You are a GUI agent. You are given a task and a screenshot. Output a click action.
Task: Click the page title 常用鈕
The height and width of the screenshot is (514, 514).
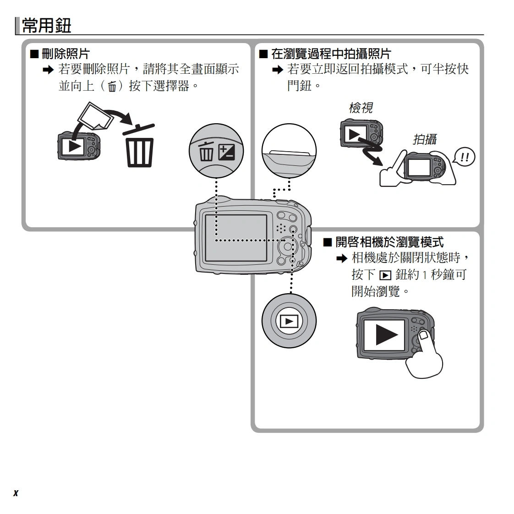pos(46,25)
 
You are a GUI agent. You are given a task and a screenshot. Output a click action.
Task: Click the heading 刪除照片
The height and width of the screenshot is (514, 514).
pos(65,54)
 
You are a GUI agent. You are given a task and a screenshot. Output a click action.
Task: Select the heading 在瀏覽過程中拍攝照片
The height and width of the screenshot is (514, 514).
pos(331,54)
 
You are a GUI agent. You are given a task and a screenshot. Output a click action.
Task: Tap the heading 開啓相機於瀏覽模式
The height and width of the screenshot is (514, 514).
pos(389,242)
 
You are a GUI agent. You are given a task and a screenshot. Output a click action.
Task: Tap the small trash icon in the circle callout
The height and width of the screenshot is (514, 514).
pos(206,152)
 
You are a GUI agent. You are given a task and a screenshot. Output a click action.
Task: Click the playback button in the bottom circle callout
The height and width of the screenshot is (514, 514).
pos(289,321)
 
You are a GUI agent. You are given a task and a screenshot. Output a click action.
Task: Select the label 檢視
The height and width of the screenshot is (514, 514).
pos(360,108)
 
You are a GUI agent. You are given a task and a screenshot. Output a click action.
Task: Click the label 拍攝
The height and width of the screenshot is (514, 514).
pos(425,139)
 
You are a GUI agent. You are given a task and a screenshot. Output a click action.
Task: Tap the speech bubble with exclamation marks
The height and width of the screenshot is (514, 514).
pos(464,157)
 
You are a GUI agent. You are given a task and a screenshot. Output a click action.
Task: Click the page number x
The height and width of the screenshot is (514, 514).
pos(16,493)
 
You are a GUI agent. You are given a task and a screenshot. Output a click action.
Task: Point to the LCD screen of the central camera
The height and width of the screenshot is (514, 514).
pos(236,238)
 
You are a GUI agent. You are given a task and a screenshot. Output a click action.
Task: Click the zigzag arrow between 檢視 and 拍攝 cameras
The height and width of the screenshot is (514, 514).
pos(372,153)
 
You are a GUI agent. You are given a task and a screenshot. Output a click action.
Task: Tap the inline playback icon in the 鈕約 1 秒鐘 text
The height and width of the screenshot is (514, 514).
pos(385,275)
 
